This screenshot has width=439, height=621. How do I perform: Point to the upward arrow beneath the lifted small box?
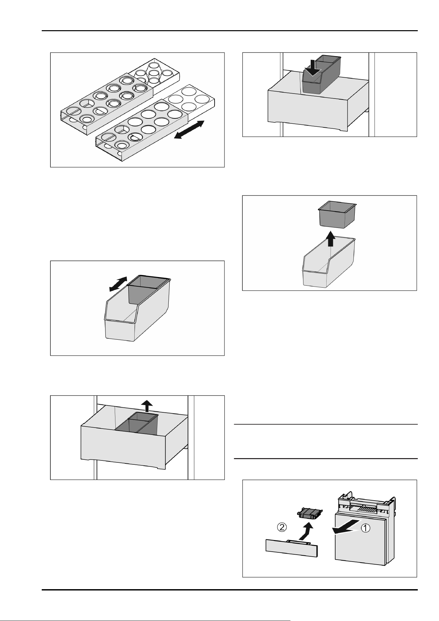tap(330, 239)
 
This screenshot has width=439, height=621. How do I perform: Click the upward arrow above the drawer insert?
tap(147, 406)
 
